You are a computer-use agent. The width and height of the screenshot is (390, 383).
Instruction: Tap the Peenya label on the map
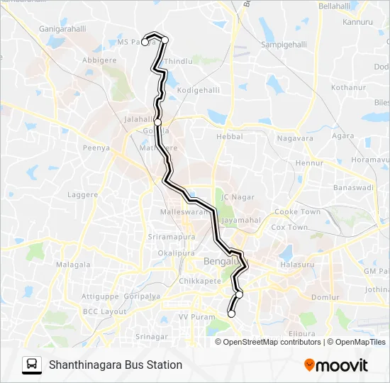[96, 148]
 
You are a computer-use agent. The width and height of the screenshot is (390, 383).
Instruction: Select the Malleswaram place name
[186, 211]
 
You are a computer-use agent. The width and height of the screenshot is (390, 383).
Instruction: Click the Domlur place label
[325, 296]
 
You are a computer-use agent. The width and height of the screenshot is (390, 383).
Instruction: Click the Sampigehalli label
[284, 44]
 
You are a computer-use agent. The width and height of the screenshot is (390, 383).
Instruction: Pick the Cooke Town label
[297, 211]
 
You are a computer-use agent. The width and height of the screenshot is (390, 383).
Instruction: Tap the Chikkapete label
[200, 281]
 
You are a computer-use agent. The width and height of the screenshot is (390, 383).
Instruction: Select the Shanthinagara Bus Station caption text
[116, 365]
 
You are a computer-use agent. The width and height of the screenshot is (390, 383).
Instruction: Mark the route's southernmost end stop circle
[231, 313]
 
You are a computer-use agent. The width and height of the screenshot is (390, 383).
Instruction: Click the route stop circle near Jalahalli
[157, 123]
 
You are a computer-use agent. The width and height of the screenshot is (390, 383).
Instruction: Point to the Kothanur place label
[346, 87]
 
